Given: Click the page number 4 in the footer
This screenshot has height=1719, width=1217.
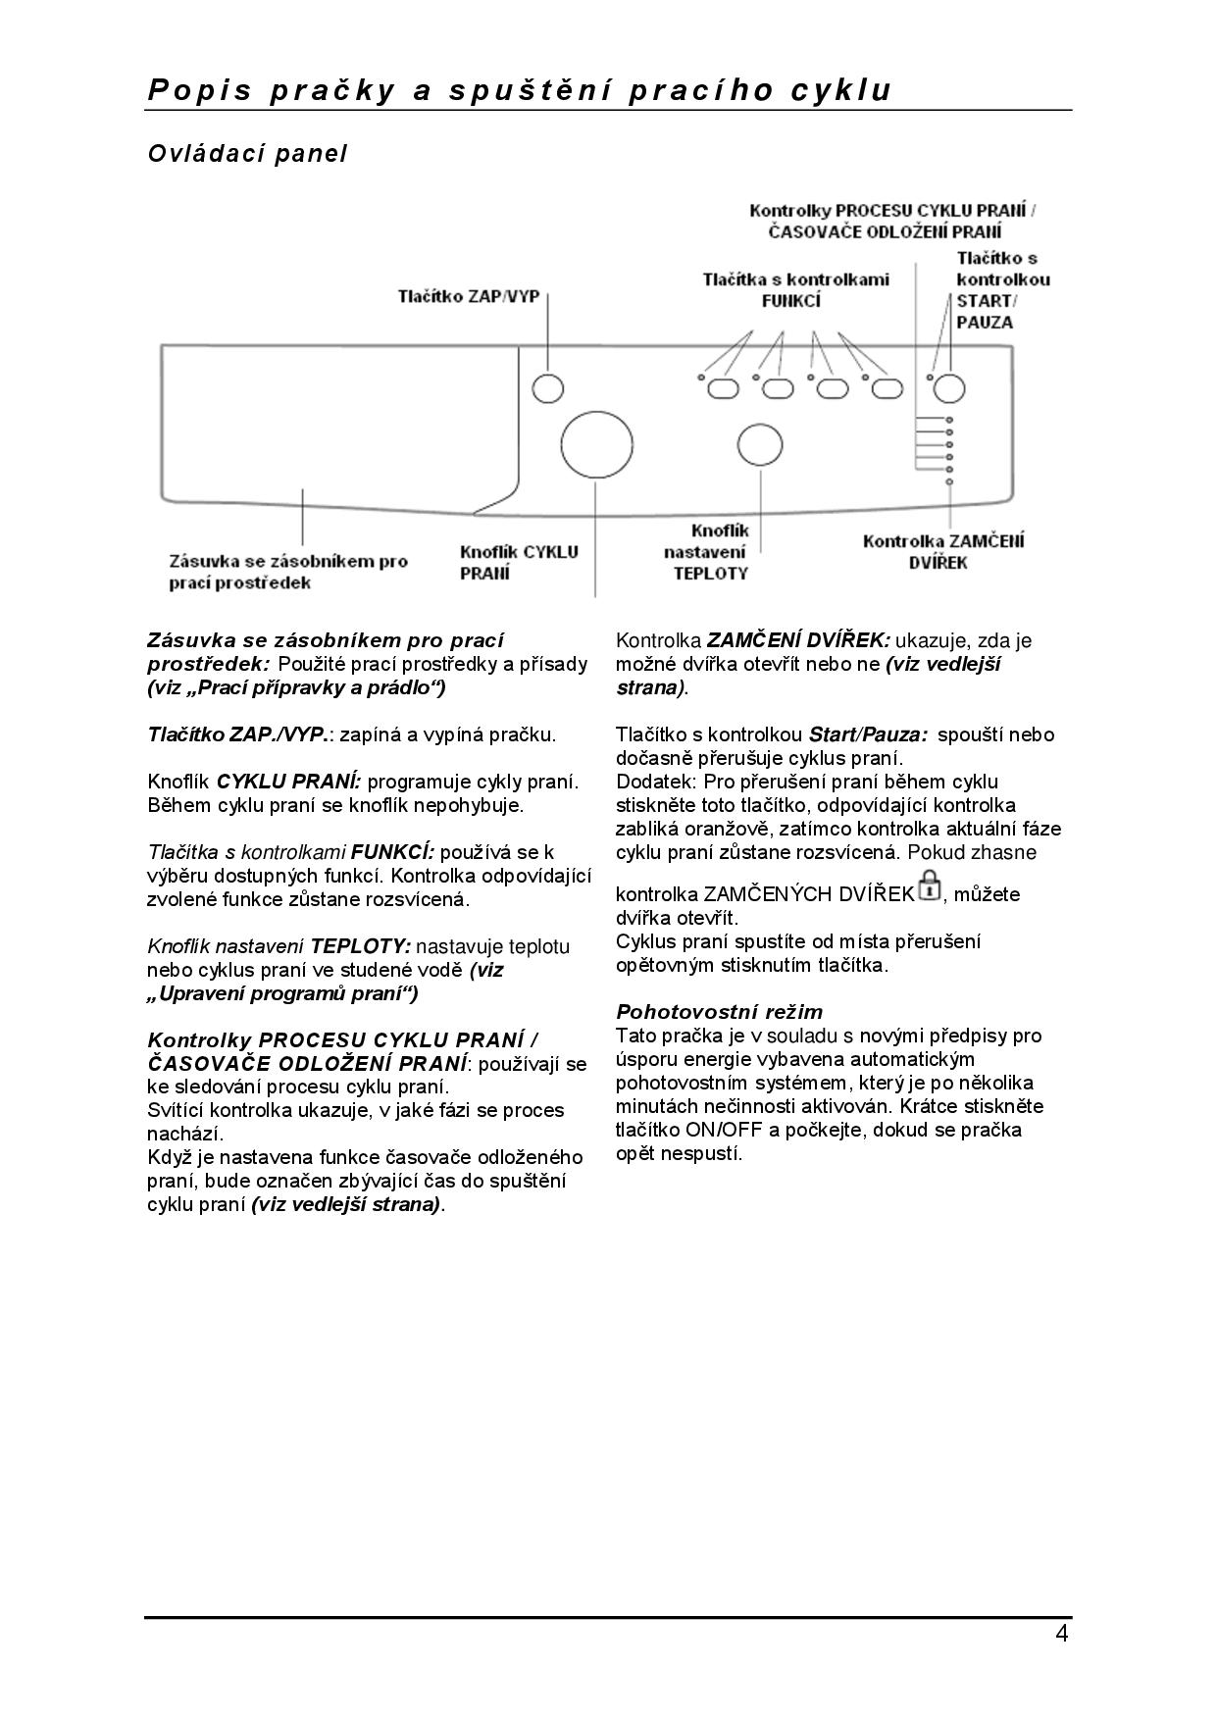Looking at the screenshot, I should click(x=1061, y=1634).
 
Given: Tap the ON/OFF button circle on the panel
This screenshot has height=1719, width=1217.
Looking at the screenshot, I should click(x=548, y=388).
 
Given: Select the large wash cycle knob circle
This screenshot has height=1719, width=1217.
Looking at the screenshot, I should click(x=596, y=444).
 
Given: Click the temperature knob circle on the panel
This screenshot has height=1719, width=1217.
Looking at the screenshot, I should click(x=760, y=444).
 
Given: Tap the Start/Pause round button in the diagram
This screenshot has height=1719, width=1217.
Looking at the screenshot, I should click(x=948, y=388).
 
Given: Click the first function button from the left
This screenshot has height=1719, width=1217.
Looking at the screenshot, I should click(x=723, y=389).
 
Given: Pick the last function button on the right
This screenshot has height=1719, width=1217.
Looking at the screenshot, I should click(x=887, y=389).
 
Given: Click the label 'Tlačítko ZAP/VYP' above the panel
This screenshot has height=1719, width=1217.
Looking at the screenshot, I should click(x=468, y=296).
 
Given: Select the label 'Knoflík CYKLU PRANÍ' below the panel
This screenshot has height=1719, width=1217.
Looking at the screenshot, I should click(x=519, y=562).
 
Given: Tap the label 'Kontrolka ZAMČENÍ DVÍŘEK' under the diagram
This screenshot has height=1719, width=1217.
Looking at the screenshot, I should click(x=943, y=551).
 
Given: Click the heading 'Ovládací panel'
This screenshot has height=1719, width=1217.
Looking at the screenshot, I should click(x=247, y=154).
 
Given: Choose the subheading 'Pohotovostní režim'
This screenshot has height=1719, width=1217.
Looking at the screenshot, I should click(x=719, y=1012).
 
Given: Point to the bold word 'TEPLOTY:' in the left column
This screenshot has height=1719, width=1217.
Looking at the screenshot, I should click(x=361, y=946).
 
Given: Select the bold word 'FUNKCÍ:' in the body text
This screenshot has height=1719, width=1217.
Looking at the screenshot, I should click(x=392, y=852).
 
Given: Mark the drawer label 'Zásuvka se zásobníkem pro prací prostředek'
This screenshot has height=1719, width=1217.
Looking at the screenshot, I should click(x=288, y=572).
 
